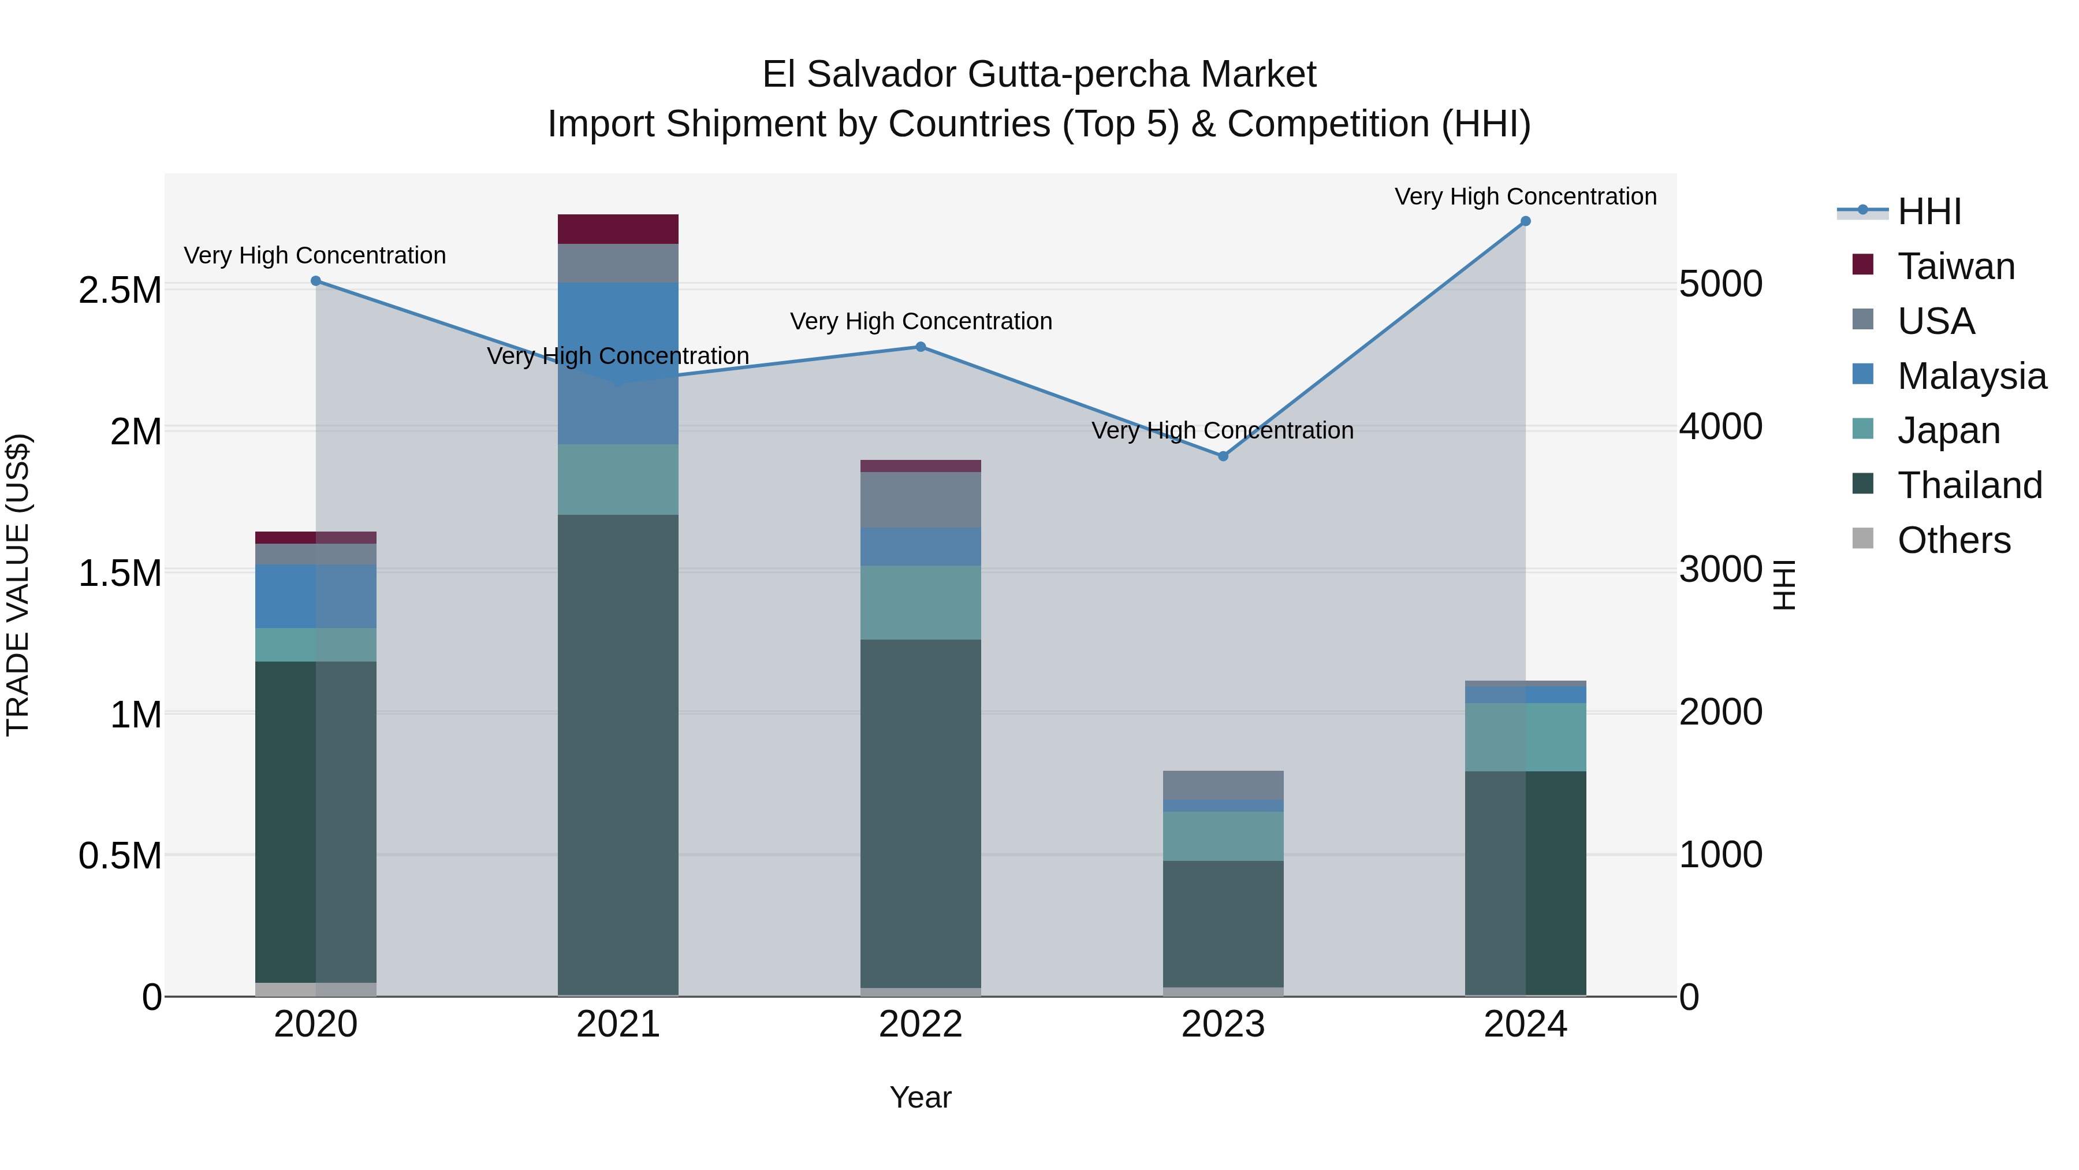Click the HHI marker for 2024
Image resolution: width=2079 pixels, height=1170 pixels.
[x=1525, y=221]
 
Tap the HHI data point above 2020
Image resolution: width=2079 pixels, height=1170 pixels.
[x=315, y=281]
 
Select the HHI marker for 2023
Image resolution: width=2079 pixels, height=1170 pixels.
[x=1223, y=456]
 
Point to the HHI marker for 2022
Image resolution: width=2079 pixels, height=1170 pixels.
[x=920, y=347]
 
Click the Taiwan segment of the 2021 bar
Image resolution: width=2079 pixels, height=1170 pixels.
[x=617, y=229]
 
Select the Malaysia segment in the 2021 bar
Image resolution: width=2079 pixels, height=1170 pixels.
[x=617, y=363]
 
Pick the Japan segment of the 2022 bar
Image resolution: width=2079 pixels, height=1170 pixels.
[x=920, y=603]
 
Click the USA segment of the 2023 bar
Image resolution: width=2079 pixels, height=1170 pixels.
[x=1223, y=785]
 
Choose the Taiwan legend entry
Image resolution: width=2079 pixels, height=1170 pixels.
[x=1955, y=266]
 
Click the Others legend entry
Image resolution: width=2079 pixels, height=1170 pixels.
[x=1953, y=540]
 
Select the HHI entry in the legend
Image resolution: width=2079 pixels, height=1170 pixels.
[x=1929, y=211]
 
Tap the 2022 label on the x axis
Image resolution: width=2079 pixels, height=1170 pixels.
[x=920, y=1024]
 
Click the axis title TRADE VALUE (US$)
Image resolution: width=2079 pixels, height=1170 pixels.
[x=18, y=585]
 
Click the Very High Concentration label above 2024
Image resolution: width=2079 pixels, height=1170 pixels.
[x=1525, y=196]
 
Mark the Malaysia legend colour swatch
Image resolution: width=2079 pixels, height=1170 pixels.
[x=1862, y=374]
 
